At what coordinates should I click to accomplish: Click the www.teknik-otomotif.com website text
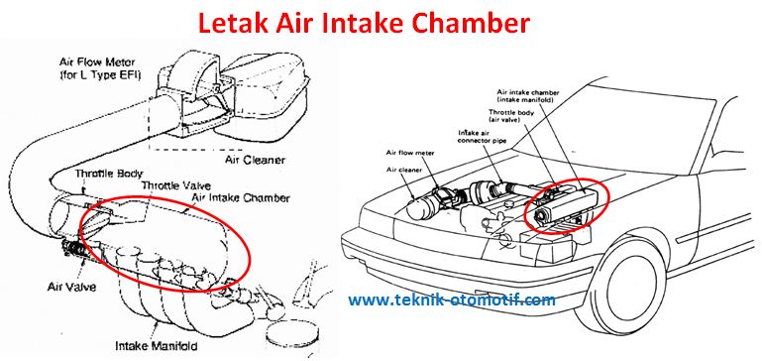(451, 299)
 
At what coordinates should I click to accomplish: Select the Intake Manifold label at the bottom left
(173, 346)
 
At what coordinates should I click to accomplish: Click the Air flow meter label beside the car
(412, 154)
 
